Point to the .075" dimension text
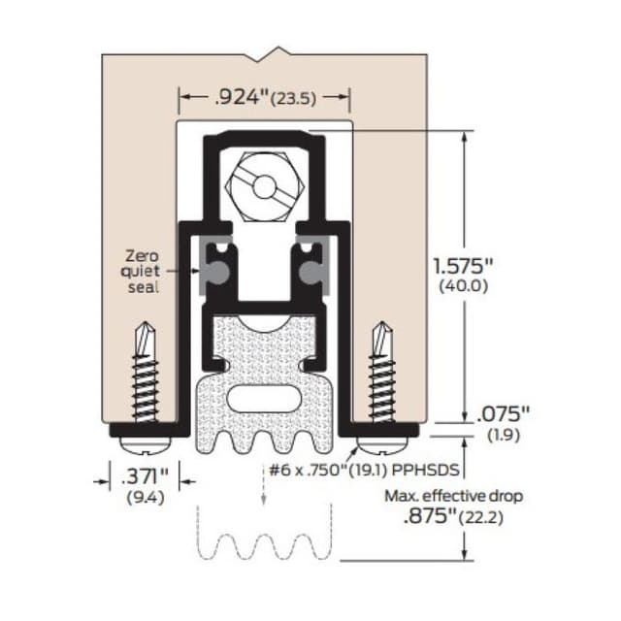tap(503, 414)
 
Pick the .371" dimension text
tap(143, 477)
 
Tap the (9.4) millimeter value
tap(143, 498)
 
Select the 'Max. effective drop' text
tap(452, 496)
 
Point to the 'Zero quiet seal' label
tap(143, 272)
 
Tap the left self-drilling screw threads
tap(144, 383)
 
